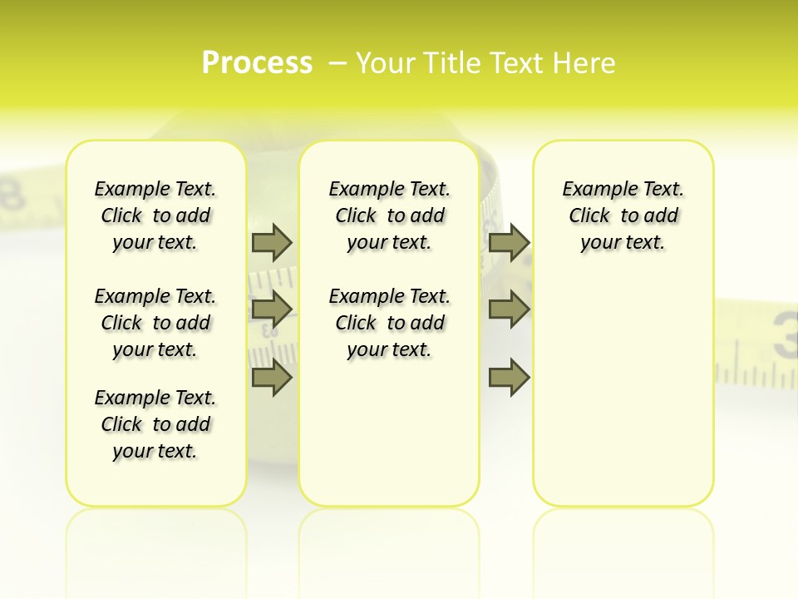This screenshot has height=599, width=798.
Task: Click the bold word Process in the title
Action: [257, 63]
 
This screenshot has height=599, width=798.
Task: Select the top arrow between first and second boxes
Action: [272, 242]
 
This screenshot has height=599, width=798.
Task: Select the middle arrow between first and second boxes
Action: [272, 309]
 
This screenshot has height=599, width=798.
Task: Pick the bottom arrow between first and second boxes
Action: [272, 378]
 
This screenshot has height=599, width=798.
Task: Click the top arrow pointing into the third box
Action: [509, 242]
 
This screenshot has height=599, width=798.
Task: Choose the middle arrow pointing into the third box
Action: [509, 309]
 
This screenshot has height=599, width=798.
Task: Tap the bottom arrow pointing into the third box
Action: [509, 378]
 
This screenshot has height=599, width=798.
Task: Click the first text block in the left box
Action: [155, 215]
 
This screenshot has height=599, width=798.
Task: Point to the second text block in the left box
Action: [155, 323]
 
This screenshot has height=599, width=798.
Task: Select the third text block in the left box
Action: [155, 424]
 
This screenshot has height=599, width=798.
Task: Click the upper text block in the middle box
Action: [389, 215]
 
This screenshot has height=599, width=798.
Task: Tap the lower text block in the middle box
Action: [389, 323]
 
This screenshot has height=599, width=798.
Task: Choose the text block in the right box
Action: [623, 215]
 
